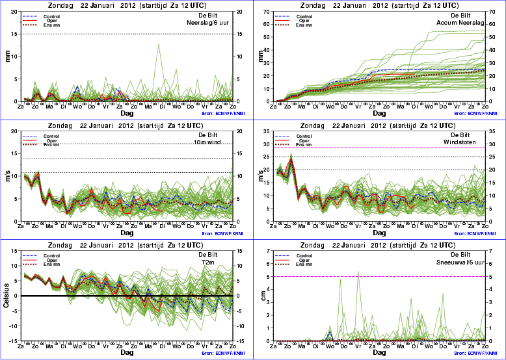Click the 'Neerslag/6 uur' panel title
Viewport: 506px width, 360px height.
(x=206, y=22)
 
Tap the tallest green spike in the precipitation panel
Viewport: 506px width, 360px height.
(x=159, y=45)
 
